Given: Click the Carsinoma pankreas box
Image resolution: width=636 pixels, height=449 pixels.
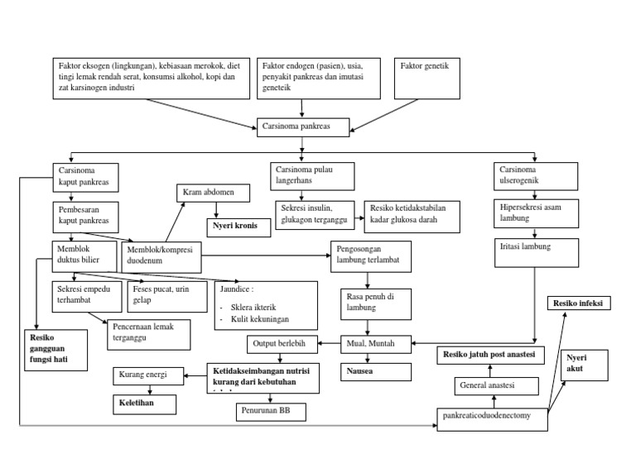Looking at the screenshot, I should (x=303, y=127).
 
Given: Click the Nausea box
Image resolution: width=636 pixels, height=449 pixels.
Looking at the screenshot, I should (x=376, y=372).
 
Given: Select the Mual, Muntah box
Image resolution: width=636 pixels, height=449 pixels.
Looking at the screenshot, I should (x=376, y=342).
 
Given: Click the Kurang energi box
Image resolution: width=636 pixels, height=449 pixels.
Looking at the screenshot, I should (x=145, y=375).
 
